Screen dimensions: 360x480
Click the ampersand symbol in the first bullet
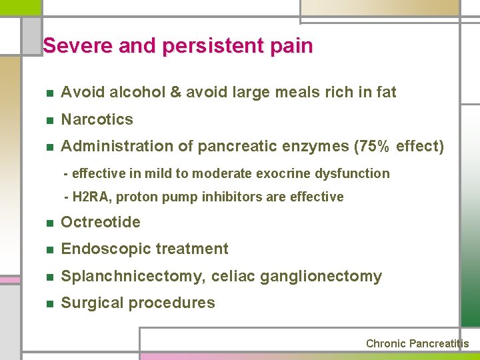coord(176,92)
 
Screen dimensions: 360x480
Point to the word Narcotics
coord(97,119)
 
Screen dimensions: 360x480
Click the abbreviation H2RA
coord(93,197)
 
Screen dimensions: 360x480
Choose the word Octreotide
coord(100,222)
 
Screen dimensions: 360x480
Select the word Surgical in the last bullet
coord(92,303)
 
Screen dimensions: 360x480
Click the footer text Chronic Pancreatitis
coord(417,344)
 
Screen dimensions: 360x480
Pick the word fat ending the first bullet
coord(385,92)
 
